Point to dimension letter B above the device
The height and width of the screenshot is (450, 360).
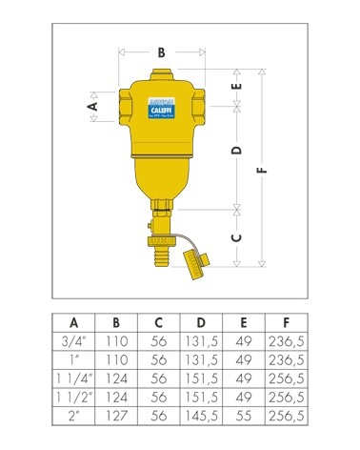pos(161,54)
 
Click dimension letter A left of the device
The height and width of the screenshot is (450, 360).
pos(92,108)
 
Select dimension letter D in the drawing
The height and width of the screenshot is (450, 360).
pos(237,151)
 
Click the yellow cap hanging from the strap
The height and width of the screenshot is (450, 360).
pos(198,258)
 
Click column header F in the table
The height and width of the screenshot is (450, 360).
pos(288,321)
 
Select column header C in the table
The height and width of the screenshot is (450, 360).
pos(160,321)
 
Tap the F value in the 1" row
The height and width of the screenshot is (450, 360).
pos(288,359)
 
